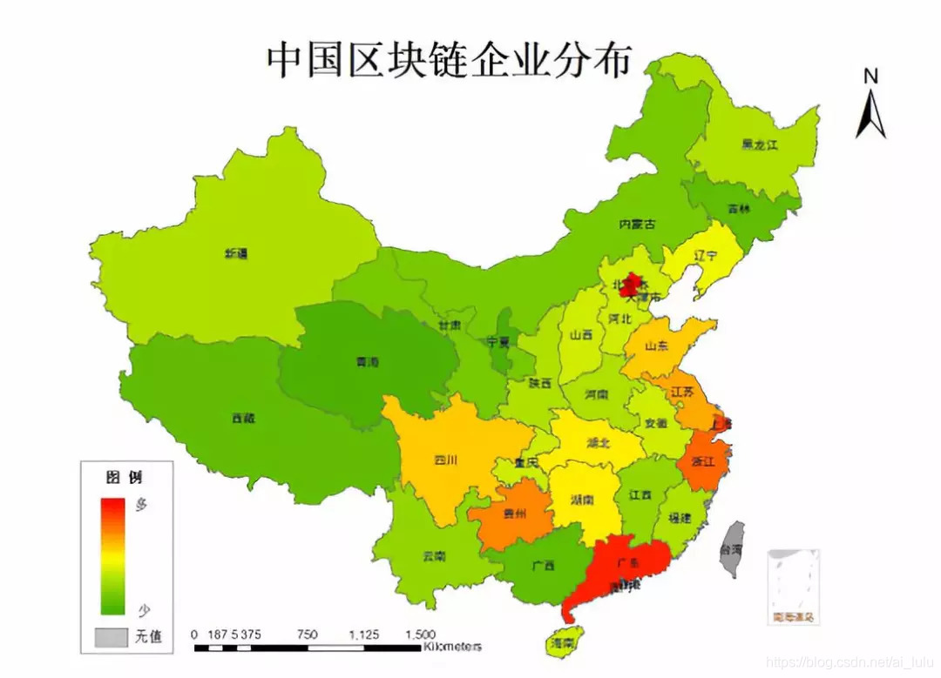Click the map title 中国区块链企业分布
coord(449,61)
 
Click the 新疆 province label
coord(236,254)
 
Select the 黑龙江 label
coord(759,144)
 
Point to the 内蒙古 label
coord(637,224)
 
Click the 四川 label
coord(444,460)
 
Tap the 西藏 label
coord(243,418)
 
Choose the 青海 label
coord(369,360)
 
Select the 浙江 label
coord(702,460)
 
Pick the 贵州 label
coord(515,514)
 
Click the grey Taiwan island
coord(735,548)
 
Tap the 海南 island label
coord(562,643)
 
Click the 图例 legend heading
coord(123,477)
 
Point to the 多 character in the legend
coord(141,504)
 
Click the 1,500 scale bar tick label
coord(420,634)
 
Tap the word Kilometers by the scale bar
coord(452,647)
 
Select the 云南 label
coord(433,555)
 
